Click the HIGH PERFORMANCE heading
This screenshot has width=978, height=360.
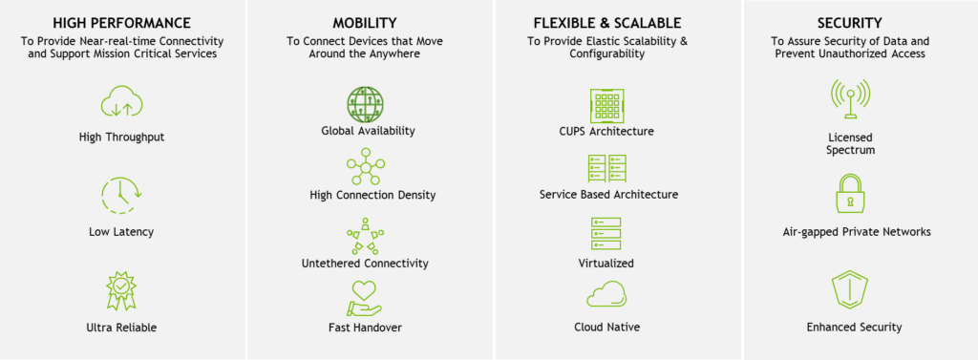[121, 22]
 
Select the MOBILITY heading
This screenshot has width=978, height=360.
[365, 22]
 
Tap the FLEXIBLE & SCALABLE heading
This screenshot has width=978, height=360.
[607, 22]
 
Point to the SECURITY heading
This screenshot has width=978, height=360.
[849, 22]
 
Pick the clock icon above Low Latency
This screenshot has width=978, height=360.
[121, 196]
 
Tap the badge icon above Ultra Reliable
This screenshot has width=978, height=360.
[121, 290]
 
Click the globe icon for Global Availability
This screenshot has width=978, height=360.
[365, 103]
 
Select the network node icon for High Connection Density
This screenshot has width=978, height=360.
[365, 167]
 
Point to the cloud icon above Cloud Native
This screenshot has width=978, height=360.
[607, 295]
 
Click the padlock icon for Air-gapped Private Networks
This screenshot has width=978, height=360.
[849, 195]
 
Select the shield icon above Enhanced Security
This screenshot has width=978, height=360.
[849, 289]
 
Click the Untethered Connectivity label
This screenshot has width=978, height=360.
[365, 264]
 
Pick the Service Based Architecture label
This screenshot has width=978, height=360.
[608, 195]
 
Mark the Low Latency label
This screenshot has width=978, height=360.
[121, 232]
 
